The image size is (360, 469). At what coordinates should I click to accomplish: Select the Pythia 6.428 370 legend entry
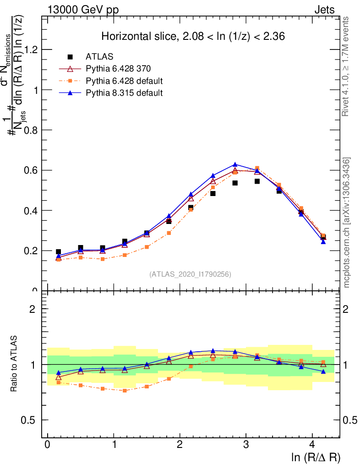(118, 69)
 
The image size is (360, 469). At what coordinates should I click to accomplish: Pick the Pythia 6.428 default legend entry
(124, 81)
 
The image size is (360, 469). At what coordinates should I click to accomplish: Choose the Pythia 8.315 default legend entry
(124, 93)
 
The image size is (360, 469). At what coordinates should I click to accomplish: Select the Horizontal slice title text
(193, 36)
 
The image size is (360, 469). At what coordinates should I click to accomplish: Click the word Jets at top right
(324, 10)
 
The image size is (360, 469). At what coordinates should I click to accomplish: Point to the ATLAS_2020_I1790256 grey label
(190, 274)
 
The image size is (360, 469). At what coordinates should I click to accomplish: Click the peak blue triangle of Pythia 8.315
(235, 164)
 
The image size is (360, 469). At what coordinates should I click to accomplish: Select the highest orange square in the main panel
(257, 168)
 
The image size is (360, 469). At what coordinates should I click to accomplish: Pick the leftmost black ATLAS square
(58, 252)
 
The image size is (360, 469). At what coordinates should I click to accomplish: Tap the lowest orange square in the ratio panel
(125, 391)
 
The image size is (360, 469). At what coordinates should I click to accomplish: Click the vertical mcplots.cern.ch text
(347, 222)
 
